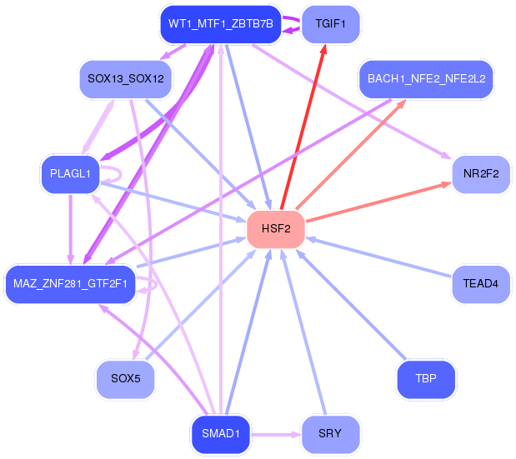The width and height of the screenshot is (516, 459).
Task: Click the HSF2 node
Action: [x=276, y=229]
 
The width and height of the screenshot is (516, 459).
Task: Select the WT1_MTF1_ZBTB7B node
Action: [x=220, y=24]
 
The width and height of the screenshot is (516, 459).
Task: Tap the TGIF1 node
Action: [x=330, y=24]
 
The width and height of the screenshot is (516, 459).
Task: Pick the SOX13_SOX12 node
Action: [x=126, y=79]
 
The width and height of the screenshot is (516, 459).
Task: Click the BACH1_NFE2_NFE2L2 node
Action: [x=426, y=79]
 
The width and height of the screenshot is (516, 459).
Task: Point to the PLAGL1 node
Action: [x=70, y=174]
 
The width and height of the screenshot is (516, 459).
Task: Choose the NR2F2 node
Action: [x=481, y=174]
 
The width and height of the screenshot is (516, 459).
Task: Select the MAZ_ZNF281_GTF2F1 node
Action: [x=70, y=284]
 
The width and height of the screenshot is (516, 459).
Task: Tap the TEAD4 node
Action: [x=481, y=284]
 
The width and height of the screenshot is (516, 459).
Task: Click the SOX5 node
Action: [x=125, y=379]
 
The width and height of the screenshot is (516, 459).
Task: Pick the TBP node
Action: [x=426, y=379]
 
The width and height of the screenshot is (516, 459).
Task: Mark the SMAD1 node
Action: [x=220, y=434]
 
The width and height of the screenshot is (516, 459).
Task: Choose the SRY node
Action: [x=330, y=434]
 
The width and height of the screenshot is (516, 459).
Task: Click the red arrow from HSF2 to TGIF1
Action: [x=303, y=127]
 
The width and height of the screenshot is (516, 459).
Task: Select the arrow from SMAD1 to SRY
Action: [x=276, y=435]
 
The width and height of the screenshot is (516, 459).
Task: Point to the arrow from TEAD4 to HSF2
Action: [x=379, y=257]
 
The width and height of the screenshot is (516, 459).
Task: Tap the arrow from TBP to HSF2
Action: [x=351, y=304]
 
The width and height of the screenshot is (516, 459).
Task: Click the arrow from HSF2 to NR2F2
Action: [x=378, y=202]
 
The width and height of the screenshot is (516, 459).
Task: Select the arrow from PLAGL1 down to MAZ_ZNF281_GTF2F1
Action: [x=70, y=230]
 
